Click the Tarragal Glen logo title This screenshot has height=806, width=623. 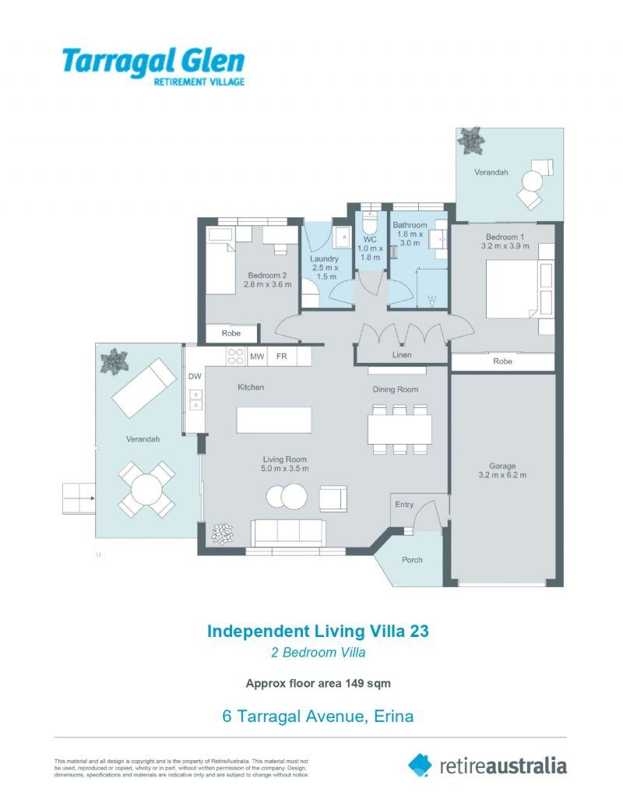(x=153, y=61)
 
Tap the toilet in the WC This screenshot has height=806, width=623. (x=369, y=221)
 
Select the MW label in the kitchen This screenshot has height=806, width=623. (x=257, y=356)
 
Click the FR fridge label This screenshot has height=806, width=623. (x=282, y=356)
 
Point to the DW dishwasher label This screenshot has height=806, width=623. (x=195, y=376)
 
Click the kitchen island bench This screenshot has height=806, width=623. (x=274, y=420)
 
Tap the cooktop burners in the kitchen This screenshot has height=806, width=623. (x=235, y=356)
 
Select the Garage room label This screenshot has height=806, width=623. (x=502, y=466)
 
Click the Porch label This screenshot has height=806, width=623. (x=412, y=560)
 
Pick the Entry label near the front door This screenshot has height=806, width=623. (x=404, y=505)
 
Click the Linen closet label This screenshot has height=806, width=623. (x=402, y=354)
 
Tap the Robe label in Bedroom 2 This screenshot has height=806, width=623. (x=231, y=333)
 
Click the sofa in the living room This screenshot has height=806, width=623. (x=288, y=533)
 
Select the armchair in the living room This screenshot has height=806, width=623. (x=333, y=498)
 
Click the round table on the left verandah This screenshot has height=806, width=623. (x=146, y=489)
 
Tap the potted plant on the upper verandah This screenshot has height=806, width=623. (x=471, y=140)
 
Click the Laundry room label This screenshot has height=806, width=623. (x=325, y=259)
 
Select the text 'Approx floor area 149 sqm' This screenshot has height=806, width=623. (x=319, y=683)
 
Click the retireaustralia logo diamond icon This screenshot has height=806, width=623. (x=420, y=765)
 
